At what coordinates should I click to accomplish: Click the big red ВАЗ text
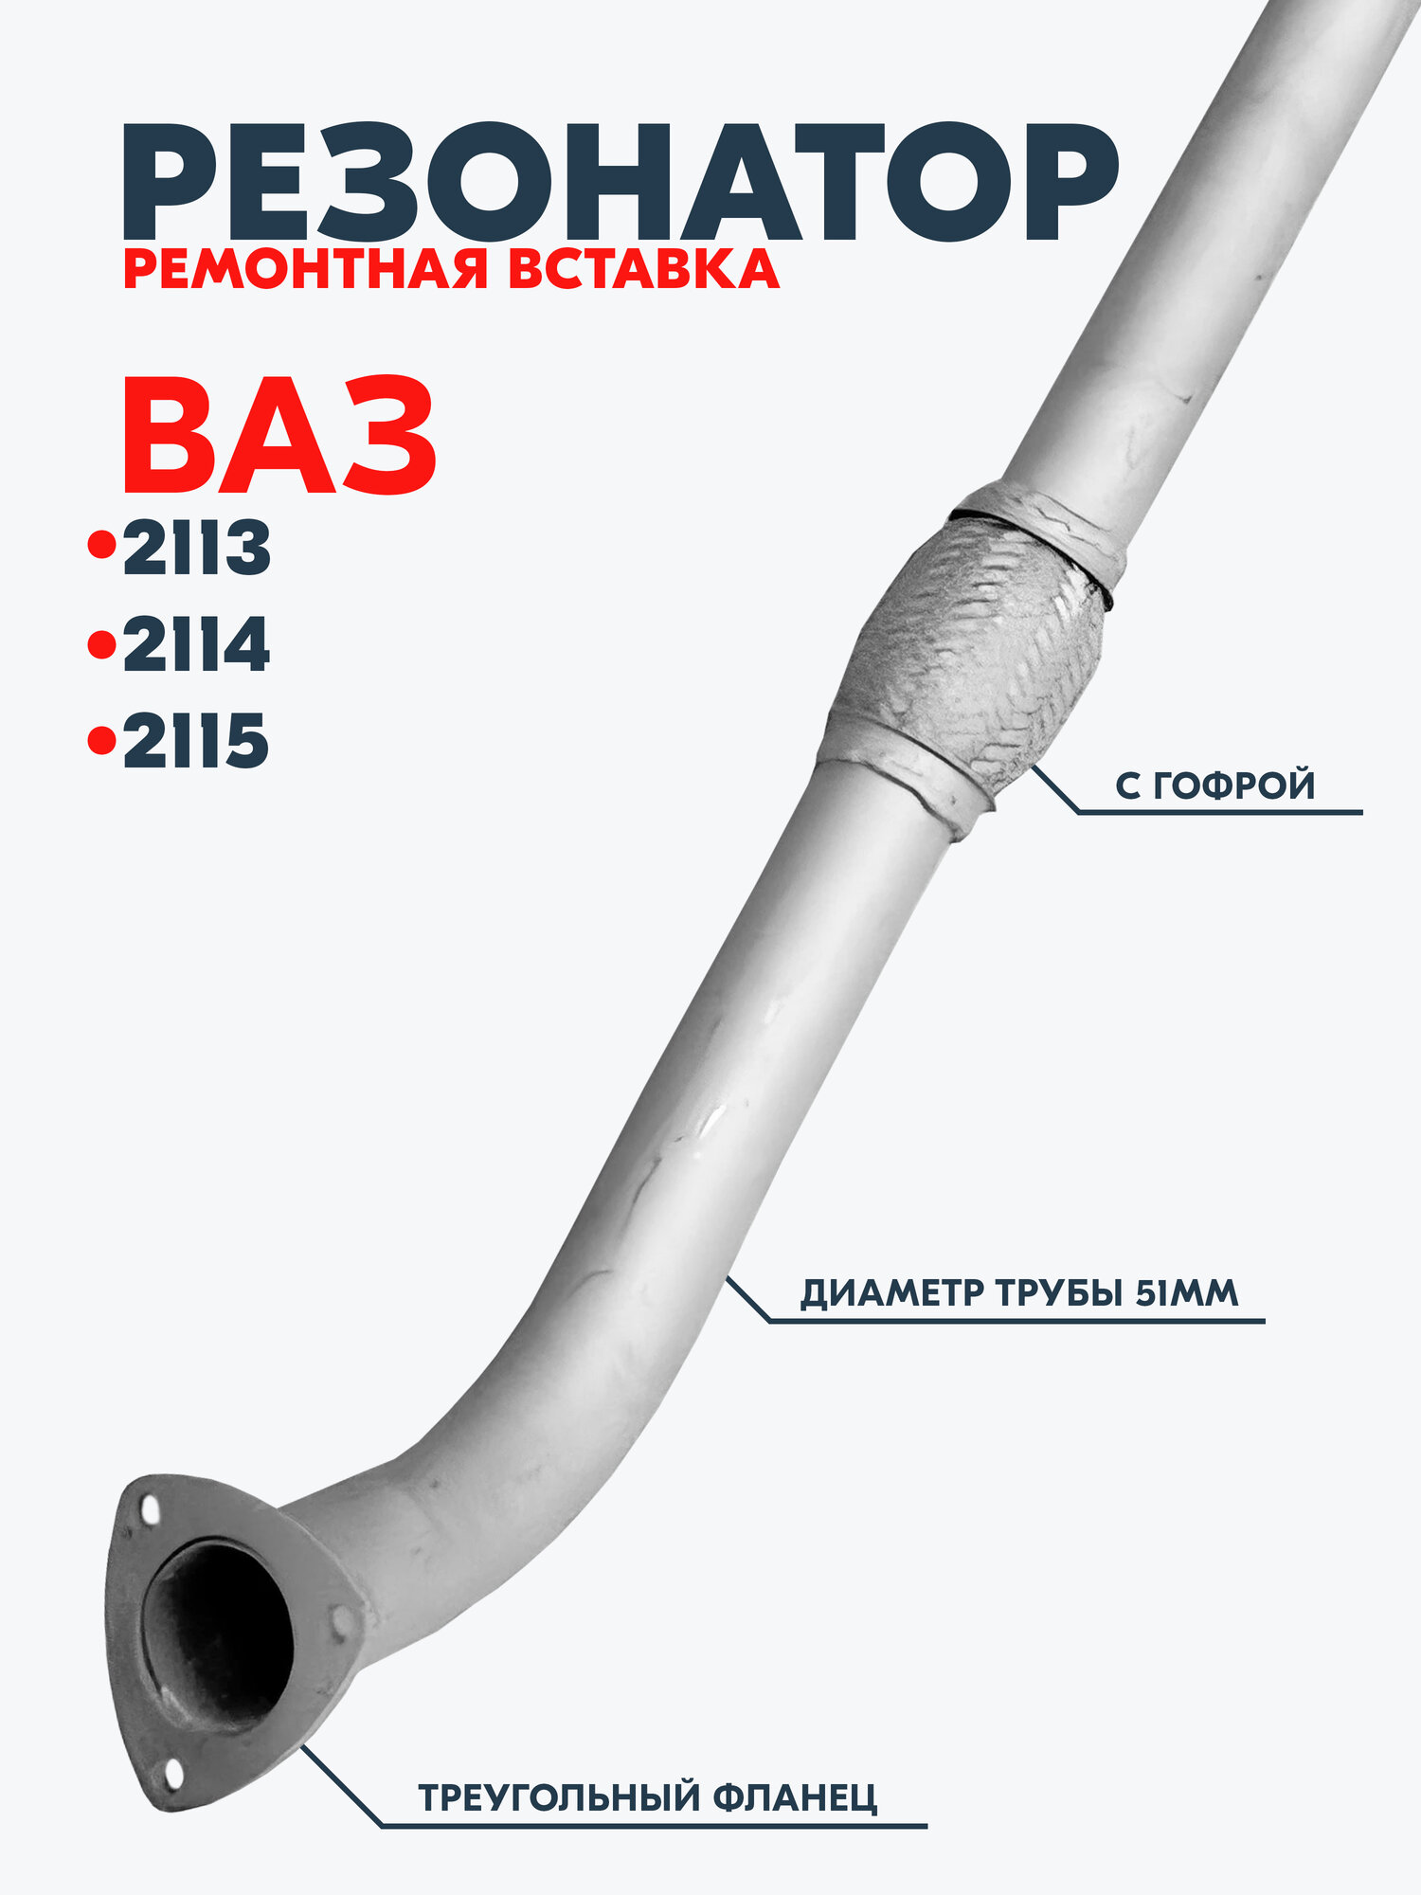pyautogui.click(x=279, y=438)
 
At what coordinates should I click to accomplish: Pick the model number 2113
pyautogui.click(x=197, y=549)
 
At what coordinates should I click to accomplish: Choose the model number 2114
pyautogui.click(x=197, y=646)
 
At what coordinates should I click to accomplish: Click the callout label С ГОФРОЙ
pyautogui.click(x=1214, y=785)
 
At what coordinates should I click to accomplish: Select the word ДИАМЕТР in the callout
pyautogui.click(x=891, y=1292)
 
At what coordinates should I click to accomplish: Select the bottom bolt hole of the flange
pyautogui.click(x=172, y=1774)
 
